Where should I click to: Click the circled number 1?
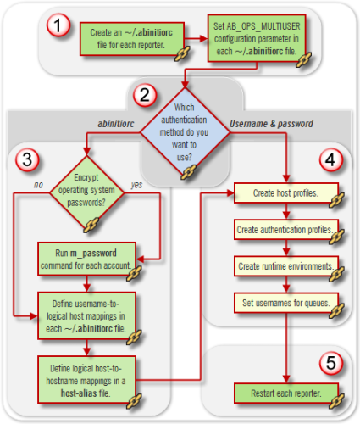point(57,26)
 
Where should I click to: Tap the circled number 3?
point(28,158)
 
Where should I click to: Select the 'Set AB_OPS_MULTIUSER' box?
point(252,38)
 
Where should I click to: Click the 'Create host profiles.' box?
point(285,194)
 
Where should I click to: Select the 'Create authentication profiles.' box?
point(285,231)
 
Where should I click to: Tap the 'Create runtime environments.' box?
point(285,266)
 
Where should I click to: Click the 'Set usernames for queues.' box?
point(285,301)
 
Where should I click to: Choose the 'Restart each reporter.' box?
point(285,392)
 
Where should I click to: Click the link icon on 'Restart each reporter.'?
point(335,401)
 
